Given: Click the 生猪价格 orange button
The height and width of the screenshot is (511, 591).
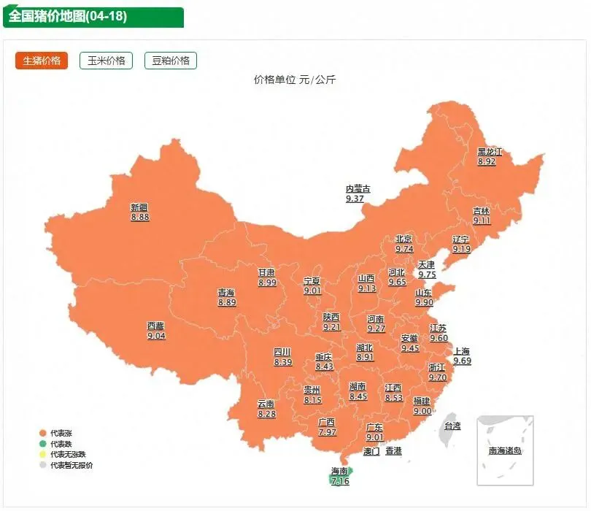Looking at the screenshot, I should click(41, 61).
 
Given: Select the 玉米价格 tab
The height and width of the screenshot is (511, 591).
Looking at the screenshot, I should click(106, 61).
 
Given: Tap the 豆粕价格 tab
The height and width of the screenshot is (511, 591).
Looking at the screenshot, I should click(170, 61).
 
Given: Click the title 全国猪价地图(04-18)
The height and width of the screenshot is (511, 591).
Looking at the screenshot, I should click(68, 16).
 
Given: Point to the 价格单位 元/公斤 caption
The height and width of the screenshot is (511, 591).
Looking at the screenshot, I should click(295, 80).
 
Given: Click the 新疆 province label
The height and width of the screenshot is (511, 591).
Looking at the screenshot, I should click(139, 207).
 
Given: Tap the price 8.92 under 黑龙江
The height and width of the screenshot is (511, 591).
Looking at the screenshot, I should click(487, 161).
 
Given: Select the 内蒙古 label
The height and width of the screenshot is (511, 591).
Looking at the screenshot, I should click(358, 189).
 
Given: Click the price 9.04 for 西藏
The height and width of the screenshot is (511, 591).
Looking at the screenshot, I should click(156, 336).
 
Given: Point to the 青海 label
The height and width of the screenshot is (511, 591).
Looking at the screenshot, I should click(226, 293).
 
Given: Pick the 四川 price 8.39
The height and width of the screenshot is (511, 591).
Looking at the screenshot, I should click(283, 362).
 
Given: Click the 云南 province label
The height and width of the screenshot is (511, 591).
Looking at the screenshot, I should click(266, 404).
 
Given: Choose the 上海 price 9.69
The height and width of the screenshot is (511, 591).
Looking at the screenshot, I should click(462, 361).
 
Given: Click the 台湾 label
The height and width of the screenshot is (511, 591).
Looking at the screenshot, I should click(452, 426).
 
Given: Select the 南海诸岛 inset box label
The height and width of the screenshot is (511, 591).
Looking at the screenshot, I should click(505, 450).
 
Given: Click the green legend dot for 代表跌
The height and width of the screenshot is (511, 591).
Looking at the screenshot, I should click(43, 444).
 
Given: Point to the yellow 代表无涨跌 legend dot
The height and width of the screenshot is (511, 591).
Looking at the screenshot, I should click(43, 454).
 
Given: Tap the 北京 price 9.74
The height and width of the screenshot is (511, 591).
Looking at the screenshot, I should click(404, 249).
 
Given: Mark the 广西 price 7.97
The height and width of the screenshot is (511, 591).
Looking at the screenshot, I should click(328, 432).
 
